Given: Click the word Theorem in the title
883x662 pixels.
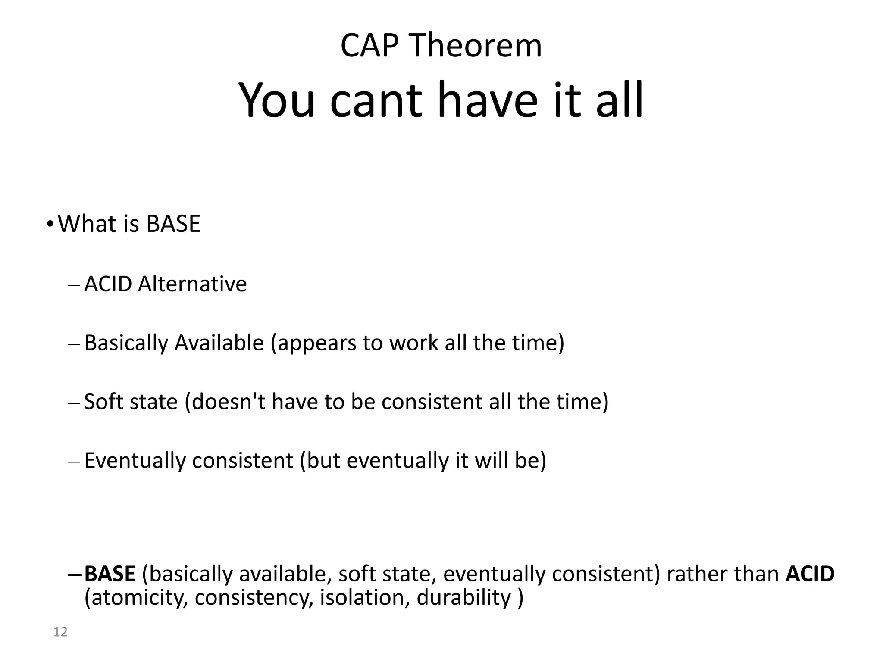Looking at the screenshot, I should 476,46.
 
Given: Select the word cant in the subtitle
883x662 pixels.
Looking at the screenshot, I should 376,101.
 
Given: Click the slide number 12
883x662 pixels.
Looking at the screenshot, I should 60,632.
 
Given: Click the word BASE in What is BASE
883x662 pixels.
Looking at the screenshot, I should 173,224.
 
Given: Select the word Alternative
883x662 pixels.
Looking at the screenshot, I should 192,284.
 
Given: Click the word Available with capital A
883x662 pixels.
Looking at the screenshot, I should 219,343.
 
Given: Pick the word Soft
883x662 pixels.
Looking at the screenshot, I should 100,402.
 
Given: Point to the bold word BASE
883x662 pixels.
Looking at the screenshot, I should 110,574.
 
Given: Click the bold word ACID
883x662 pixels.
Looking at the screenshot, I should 810,574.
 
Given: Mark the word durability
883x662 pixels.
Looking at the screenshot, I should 464,598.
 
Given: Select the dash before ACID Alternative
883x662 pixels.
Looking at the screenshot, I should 74,285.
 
